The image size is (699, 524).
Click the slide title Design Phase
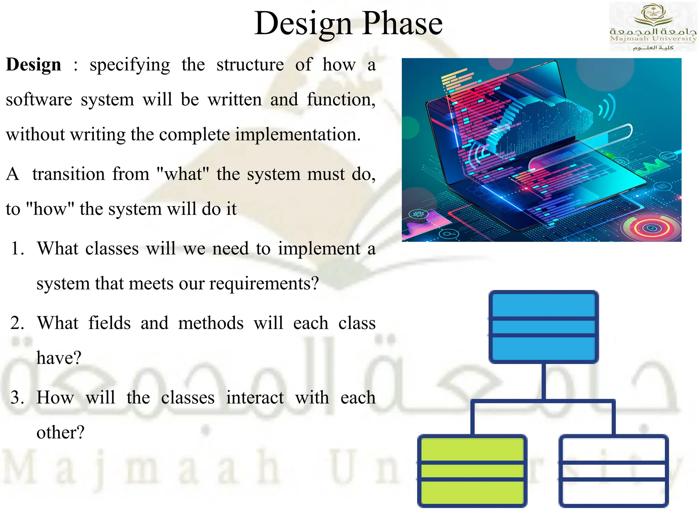pyautogui.click(x=348, y=23)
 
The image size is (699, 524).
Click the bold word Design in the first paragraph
pyautogui.click(x=33, y=65)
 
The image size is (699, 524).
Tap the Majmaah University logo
pyautogui.click(x=653, y=27)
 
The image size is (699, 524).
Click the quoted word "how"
pyautogui.click(x=50, y=209)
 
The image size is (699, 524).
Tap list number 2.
pyautogui.click(x=17, y=323)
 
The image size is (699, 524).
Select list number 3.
pyautogui.click(x=17, y=398)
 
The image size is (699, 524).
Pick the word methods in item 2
pyautogui.click(x=211, y=323)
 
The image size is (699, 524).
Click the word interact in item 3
pyautogui.click(x=255, y=398)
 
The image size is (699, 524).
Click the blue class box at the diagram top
pyautogui.click(x=543, y=326)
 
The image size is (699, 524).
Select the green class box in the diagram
pyautogui.click(x=472, y=471)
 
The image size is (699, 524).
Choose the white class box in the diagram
pyautogui.click(x=613, y=471)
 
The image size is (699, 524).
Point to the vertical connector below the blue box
pyautogui.click(x=543, y=381)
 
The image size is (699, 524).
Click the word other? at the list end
pyautogui.click(x=60, y=433)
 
